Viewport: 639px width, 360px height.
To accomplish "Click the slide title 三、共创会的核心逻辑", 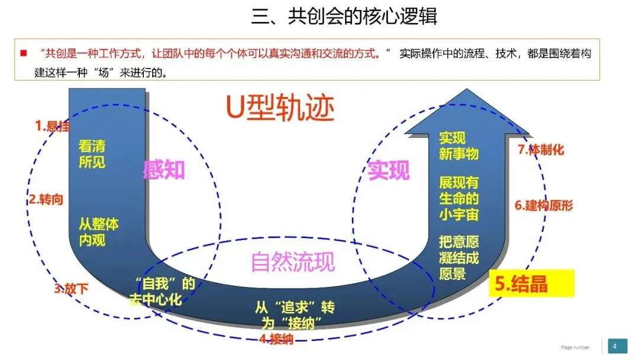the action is click(x=344, y=16).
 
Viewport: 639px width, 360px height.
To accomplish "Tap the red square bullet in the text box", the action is click(x=24, y=53).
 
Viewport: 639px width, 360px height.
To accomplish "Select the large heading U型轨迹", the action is click(x=280, y=108).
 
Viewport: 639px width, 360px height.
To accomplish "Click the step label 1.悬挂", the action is click(x=52, y=126).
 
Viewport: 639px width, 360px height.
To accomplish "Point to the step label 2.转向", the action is click(x=46, y=200).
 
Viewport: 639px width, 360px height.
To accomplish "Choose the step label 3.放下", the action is click(x=71, y=289).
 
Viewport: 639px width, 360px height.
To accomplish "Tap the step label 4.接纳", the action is click(x=276, y=339).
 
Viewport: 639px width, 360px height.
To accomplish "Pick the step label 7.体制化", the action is click(x=541, y=150).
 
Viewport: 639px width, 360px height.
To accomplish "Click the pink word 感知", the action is click(x=164, y=171).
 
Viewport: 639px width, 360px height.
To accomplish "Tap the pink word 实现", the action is click(x=389, y=171).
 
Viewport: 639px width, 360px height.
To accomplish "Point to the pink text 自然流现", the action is click(x=293, y=261).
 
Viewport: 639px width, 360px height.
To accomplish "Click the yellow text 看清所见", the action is click(x=92, y=153).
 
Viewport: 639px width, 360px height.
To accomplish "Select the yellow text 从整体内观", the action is click(x=99, y=232).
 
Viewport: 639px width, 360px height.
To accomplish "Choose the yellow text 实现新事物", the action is click(x=459, y=146).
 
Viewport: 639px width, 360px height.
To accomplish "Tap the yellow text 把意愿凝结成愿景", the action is click(x=459, y=258).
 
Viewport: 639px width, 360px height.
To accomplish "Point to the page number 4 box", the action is click(x=615, y=346).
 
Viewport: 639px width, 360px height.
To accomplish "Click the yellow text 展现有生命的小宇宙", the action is click(x=459, y=198).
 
